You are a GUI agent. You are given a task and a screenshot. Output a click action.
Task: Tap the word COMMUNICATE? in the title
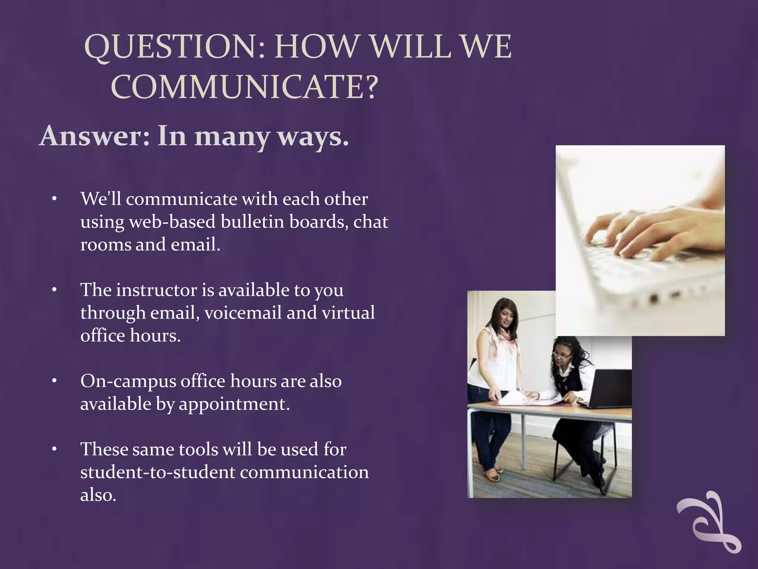pos(244,87)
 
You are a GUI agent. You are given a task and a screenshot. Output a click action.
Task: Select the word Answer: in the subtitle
pos(95,136)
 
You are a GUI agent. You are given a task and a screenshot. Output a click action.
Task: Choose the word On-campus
pos(128,381)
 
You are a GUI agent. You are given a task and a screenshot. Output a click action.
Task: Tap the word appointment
pos(234,404)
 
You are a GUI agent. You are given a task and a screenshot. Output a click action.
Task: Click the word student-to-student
pos(158,472)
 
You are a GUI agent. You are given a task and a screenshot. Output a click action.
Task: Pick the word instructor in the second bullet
pos(156,290)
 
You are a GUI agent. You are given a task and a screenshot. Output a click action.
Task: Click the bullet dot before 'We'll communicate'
pos(54,199)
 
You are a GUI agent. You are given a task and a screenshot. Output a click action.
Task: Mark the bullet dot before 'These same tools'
pos(54,449)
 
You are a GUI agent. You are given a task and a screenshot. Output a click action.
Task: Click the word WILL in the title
pos(411,47)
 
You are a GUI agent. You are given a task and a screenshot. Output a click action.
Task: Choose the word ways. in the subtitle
pos(313,136)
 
